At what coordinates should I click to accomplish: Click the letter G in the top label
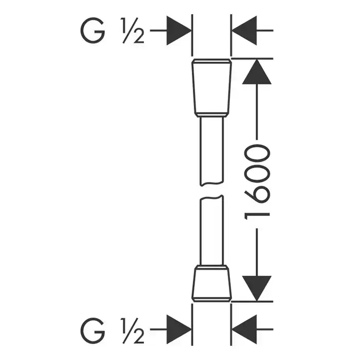point(93,30)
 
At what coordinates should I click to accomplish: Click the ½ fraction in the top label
point(133,30)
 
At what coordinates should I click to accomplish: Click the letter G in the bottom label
point(93,330)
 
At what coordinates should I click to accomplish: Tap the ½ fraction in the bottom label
point(133,331)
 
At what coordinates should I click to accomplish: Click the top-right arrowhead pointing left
point(244,30)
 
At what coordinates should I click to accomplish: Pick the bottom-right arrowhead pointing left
point(244,330)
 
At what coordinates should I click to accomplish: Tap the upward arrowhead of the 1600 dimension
point(257,71)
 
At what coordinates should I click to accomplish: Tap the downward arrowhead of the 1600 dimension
point(257,289)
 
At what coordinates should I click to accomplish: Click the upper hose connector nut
point(211,88)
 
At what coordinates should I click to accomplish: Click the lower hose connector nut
point(211,283)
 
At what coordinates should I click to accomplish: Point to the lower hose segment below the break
point(211,230)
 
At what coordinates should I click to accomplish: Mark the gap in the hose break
point(211,191)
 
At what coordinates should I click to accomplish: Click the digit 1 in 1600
point(257,216)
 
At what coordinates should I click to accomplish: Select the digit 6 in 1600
point(257,194)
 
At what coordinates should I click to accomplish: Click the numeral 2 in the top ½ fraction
point(139,37)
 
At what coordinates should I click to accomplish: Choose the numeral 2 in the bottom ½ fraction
point(139,337)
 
